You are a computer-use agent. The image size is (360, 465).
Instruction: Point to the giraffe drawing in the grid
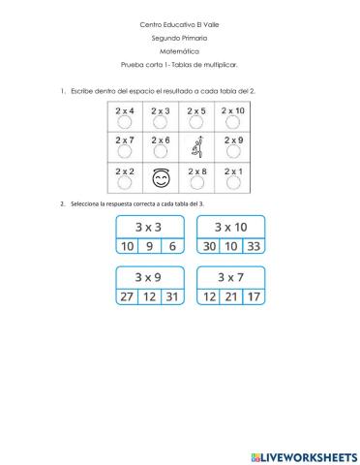pyautogui.click(x=197, y=147)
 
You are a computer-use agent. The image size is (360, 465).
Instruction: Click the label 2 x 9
pyautogui.click(x=232, y=140)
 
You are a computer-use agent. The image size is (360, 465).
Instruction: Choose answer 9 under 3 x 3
pyautogui.click(x=148, y=246)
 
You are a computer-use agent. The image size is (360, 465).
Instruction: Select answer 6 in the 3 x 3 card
pyautogui.click(x=171, y=246)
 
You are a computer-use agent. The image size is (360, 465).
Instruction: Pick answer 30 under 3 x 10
pyautogui.click(x=208, y=246)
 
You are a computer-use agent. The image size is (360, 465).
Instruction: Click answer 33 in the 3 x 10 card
pyautogui.click(x=253, y=246)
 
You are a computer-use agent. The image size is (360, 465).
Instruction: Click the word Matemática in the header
pyautogui.click(x=179, y=51)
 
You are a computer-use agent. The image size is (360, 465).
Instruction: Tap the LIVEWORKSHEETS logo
pyautogui.click(x=303, y=454)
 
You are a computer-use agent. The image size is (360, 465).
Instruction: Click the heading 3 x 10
pyautogui.click(x=230, y=227)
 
